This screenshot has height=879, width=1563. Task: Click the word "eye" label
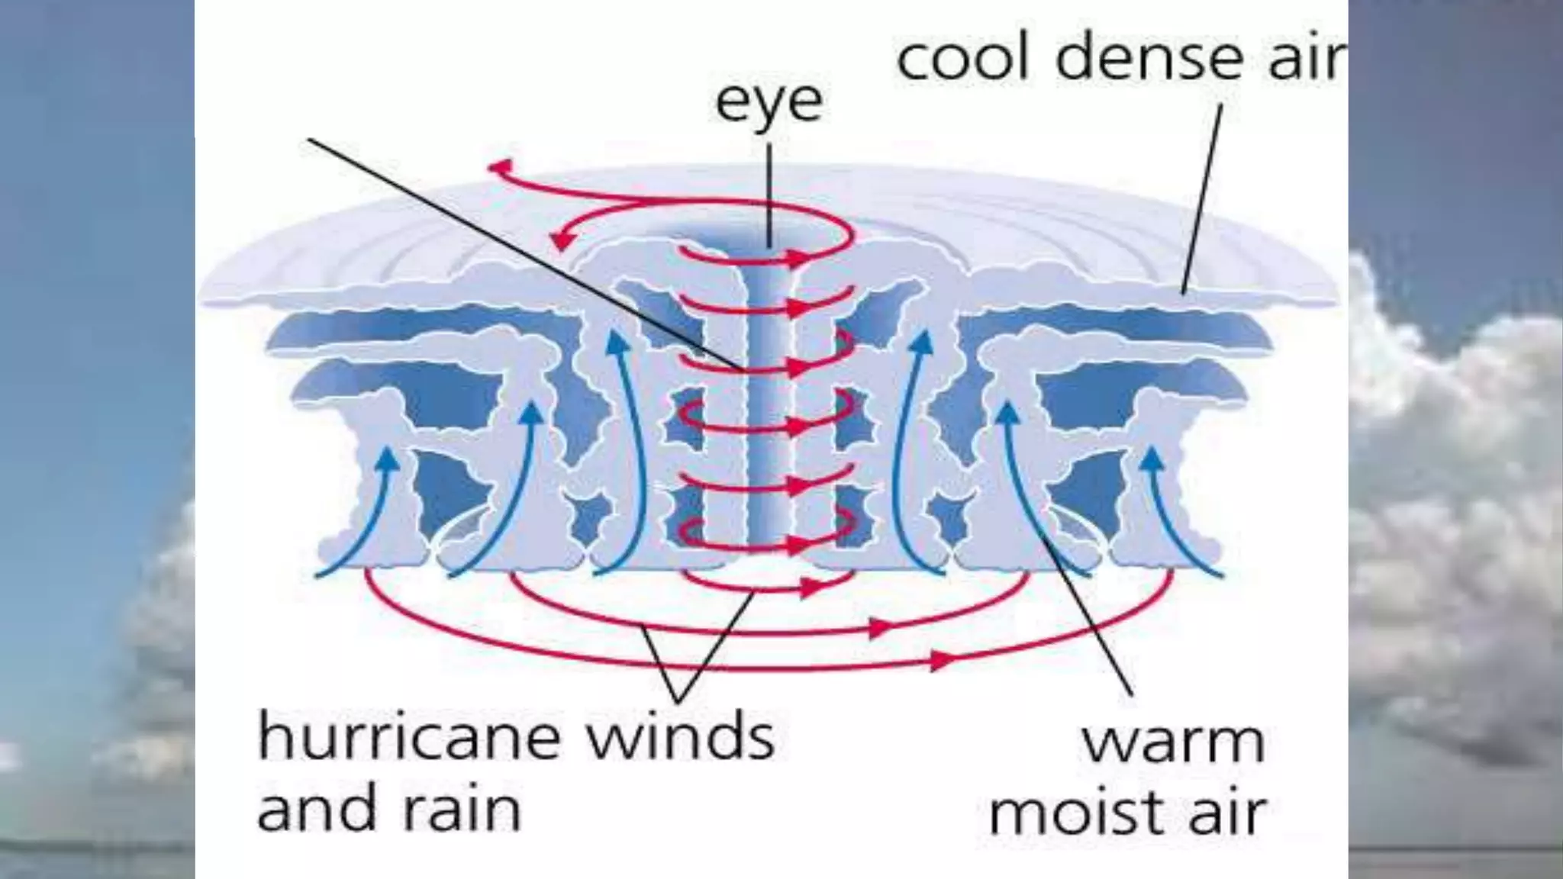769,103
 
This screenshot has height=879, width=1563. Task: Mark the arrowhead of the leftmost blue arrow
389,457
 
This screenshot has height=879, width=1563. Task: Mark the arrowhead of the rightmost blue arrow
1152,457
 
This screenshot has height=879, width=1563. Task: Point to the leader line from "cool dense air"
1201,198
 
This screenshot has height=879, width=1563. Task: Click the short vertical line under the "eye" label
769,195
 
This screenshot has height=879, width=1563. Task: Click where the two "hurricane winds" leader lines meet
678,699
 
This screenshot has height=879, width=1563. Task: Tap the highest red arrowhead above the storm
500,166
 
